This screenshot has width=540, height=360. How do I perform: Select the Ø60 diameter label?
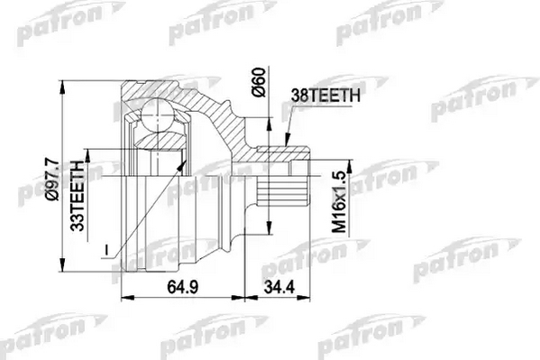click(x=260, y=82)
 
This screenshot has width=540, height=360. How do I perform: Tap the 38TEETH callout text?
click(x=325, y=95)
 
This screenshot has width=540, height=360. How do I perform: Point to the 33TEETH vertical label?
click(x=78, y=196)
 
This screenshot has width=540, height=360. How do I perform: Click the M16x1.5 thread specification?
click(x=339, y=202)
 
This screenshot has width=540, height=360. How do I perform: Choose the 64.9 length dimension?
click(x=182, y=287)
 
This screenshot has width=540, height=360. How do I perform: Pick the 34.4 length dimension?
click(x=279, y=287)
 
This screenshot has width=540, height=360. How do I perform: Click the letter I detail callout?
click(x=106, y=251)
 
